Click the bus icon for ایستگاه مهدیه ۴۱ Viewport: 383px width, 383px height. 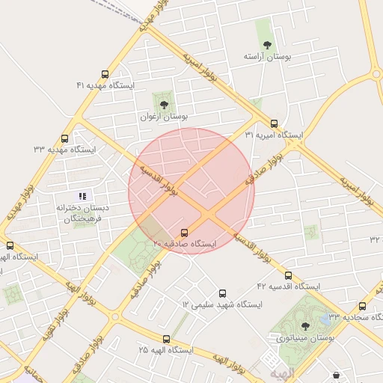tap(104, 75)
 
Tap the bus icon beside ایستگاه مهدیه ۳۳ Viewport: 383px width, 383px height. tap(64, 138)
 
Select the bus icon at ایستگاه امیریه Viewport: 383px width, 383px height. tap(274, 124)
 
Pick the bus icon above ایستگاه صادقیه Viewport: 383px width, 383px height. tap(185, 233)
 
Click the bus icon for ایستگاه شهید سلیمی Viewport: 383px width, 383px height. tap(222, 293)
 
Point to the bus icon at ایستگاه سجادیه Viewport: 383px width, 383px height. tap(363, 306)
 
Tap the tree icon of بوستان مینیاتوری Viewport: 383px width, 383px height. tap(304, 325)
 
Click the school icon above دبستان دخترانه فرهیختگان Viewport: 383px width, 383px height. tap(82, 196)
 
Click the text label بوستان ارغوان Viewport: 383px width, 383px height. tap(164, 117)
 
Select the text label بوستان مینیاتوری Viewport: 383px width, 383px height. tap(304, 338)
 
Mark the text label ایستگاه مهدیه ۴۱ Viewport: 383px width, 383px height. tap(105, 86)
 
